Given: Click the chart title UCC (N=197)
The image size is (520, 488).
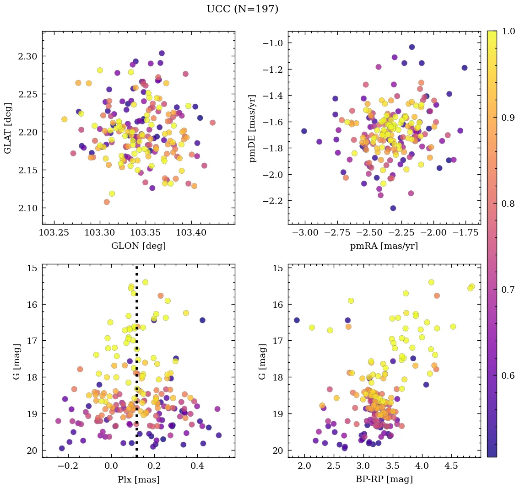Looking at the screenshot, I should pyautogui.click(x=242, y=9).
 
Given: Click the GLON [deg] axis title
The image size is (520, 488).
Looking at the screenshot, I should pyautogui.click(x=138, y=246).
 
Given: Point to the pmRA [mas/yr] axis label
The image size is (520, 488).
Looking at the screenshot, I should pyautogui.click(x=384, y=246).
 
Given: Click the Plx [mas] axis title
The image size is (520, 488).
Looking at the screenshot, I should pyautogui.click(x=138, y=479).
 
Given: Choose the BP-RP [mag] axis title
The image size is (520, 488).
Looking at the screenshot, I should pyautogui.click(x=384, y=479).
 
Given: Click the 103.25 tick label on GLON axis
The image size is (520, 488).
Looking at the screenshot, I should pyautogui.click(x=54, y=233).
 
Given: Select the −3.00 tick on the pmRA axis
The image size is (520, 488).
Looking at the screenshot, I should pyautogui.click(x=303, y=233).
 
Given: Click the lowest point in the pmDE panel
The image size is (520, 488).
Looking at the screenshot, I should pyautogui.click(x=393, y=208).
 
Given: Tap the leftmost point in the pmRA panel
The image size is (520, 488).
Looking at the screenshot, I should pyautogui.click(x=304, y=131).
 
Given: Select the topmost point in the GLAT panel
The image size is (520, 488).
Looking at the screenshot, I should pyautogui.click(x=162, y=54).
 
